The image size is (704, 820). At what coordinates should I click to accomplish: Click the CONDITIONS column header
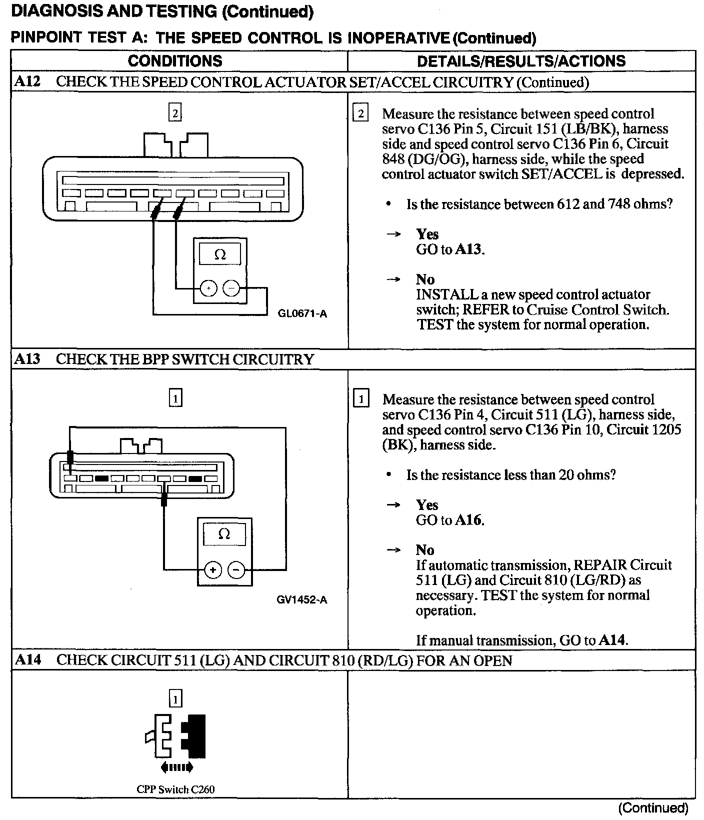pos(175,61)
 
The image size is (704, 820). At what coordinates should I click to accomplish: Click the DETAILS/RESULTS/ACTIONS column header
pos(521,61)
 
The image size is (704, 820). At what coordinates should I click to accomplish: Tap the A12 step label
pos(27,81)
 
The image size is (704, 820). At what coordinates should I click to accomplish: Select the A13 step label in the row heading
pos(27,359)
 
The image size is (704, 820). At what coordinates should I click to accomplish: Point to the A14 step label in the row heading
pos(27,660)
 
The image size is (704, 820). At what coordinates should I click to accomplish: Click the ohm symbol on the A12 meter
pos(220,255)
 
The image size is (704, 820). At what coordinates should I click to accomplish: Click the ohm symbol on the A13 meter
pos(224,534)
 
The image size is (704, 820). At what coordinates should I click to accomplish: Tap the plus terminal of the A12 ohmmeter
pos(208,288)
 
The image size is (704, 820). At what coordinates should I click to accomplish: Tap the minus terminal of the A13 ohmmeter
pos(236,570)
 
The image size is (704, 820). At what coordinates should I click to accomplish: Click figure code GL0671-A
pos(302,313)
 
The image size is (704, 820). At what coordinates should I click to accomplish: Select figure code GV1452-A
pos(302,599)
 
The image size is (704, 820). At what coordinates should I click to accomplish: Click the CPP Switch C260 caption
pos(175,789)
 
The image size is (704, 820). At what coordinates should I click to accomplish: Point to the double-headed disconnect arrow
pos(175,767)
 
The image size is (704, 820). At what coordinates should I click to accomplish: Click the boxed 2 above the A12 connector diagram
pos(175,113)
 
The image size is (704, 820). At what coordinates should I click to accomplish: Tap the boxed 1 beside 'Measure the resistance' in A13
pos(361,399)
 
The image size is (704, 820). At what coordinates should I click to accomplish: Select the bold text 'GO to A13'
pos(450,249)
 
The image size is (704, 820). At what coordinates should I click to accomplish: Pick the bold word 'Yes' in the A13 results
pos(427,504)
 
